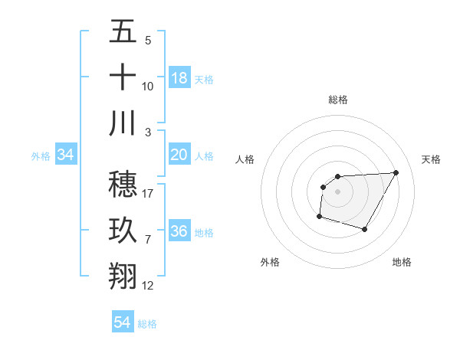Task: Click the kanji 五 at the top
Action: [123, 31]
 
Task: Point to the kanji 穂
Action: [123, 184]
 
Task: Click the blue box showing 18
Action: [179, 78]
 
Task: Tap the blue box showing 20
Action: [179, 155]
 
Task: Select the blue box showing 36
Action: [179, 232]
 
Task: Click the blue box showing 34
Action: [66, 155]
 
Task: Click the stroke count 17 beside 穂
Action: [148, 194]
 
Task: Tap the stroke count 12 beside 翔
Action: [148, 286]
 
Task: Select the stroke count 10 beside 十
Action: [148, 87]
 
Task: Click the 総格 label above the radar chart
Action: [337, 100]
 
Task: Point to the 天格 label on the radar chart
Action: [431, 159]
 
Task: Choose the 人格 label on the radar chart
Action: [245, 159]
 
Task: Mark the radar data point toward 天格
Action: [396, 172]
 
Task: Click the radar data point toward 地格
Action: [365, 230]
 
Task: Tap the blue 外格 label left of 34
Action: [41, 156]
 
